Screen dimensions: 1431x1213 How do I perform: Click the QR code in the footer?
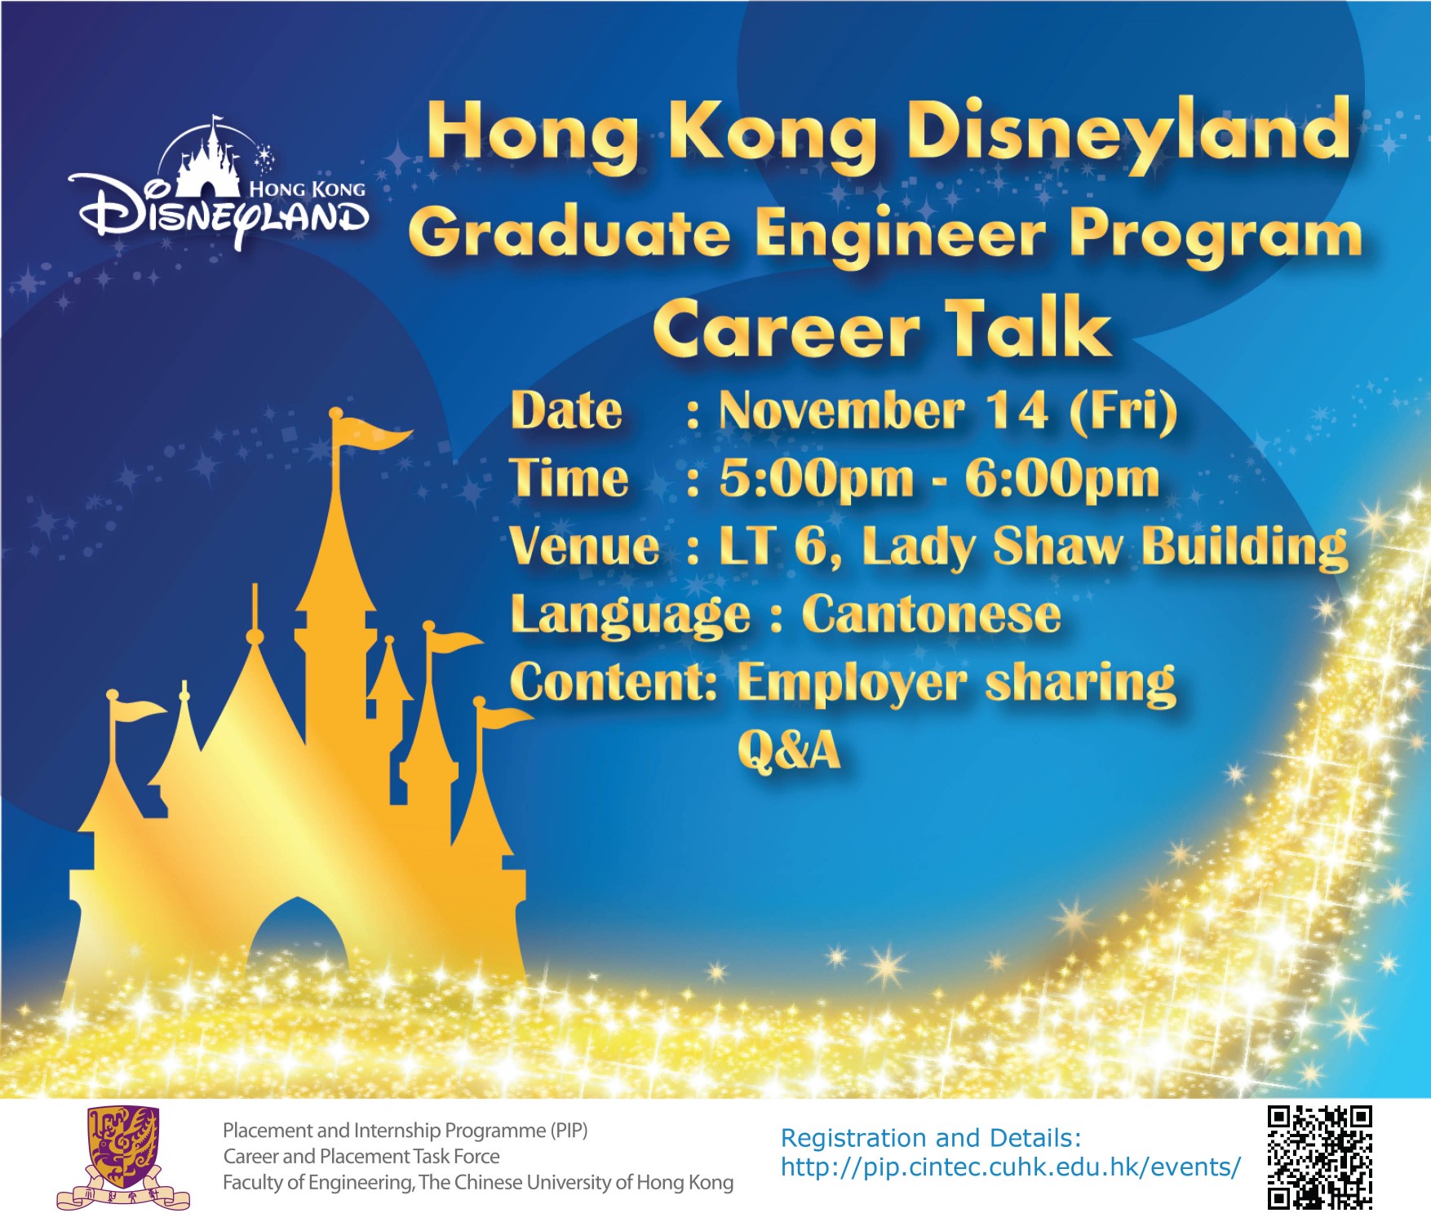tap(1319, 1157)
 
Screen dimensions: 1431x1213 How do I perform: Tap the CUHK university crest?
tap(123, 1157)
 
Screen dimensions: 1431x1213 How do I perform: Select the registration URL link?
tap(1011, 1167)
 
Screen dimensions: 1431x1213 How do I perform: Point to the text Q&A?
tap(789, 750)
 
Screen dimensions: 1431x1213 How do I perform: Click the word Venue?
tap(585, 546)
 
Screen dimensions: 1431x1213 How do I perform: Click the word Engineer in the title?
tap(899, 235)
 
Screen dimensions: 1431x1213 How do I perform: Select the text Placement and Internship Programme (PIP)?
tap(405, 1131)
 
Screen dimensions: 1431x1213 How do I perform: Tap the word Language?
tap(630, 616)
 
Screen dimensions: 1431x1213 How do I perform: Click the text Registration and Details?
tap(931, 1138)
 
